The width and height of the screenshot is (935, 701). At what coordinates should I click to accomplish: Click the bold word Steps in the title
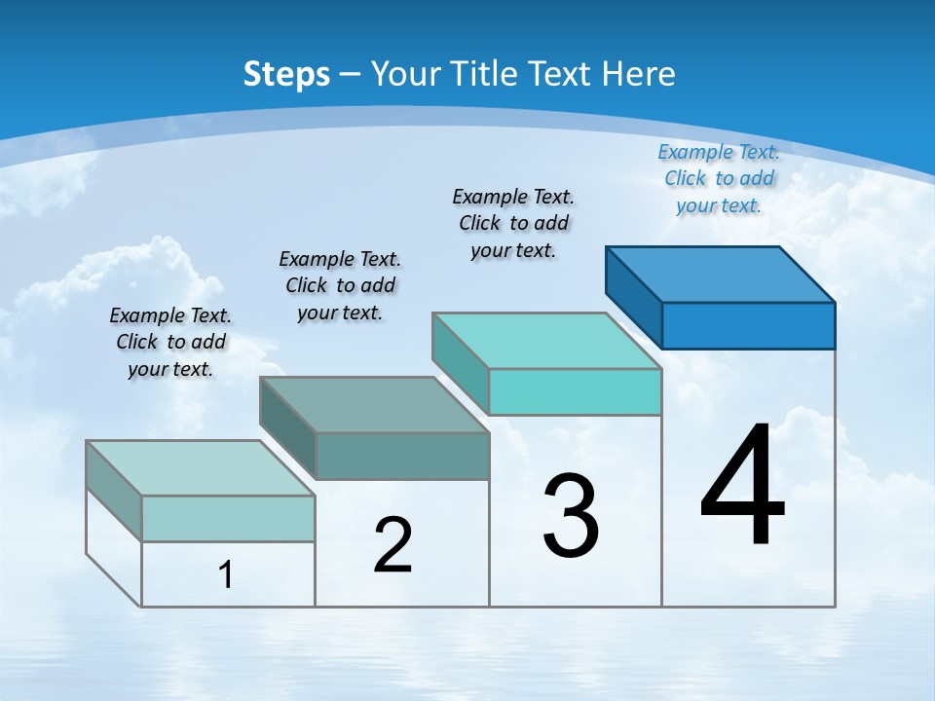click(286, 74)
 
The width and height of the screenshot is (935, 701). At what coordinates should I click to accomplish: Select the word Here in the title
click(640, 74)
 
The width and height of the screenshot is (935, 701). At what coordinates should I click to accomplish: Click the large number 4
click(743, 487)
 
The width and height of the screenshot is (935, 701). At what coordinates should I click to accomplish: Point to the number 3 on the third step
click(571, 515)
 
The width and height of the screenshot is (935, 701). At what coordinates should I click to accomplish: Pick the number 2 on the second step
click(393, 545)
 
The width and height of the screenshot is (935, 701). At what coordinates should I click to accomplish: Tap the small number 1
click(226, 575)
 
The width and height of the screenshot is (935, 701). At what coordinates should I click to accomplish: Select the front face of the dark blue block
click(748, 325)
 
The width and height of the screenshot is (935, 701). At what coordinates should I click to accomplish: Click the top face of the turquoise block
click(546, 341)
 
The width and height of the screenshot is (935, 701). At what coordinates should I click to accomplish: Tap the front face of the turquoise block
click(575, 391)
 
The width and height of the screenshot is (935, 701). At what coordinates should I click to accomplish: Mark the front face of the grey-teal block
click(402, 456)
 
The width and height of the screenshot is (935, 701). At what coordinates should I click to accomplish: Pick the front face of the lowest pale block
click(228, 518)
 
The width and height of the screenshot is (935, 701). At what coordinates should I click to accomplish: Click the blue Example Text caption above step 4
click(719, 178)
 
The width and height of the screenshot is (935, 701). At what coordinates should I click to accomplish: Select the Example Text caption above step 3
click(513, 223)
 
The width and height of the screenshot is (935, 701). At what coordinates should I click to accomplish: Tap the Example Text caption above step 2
click(340, 285)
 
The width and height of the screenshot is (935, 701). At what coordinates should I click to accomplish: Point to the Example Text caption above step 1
click(170, 342)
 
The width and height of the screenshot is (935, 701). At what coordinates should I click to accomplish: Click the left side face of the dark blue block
click(633, 297)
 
